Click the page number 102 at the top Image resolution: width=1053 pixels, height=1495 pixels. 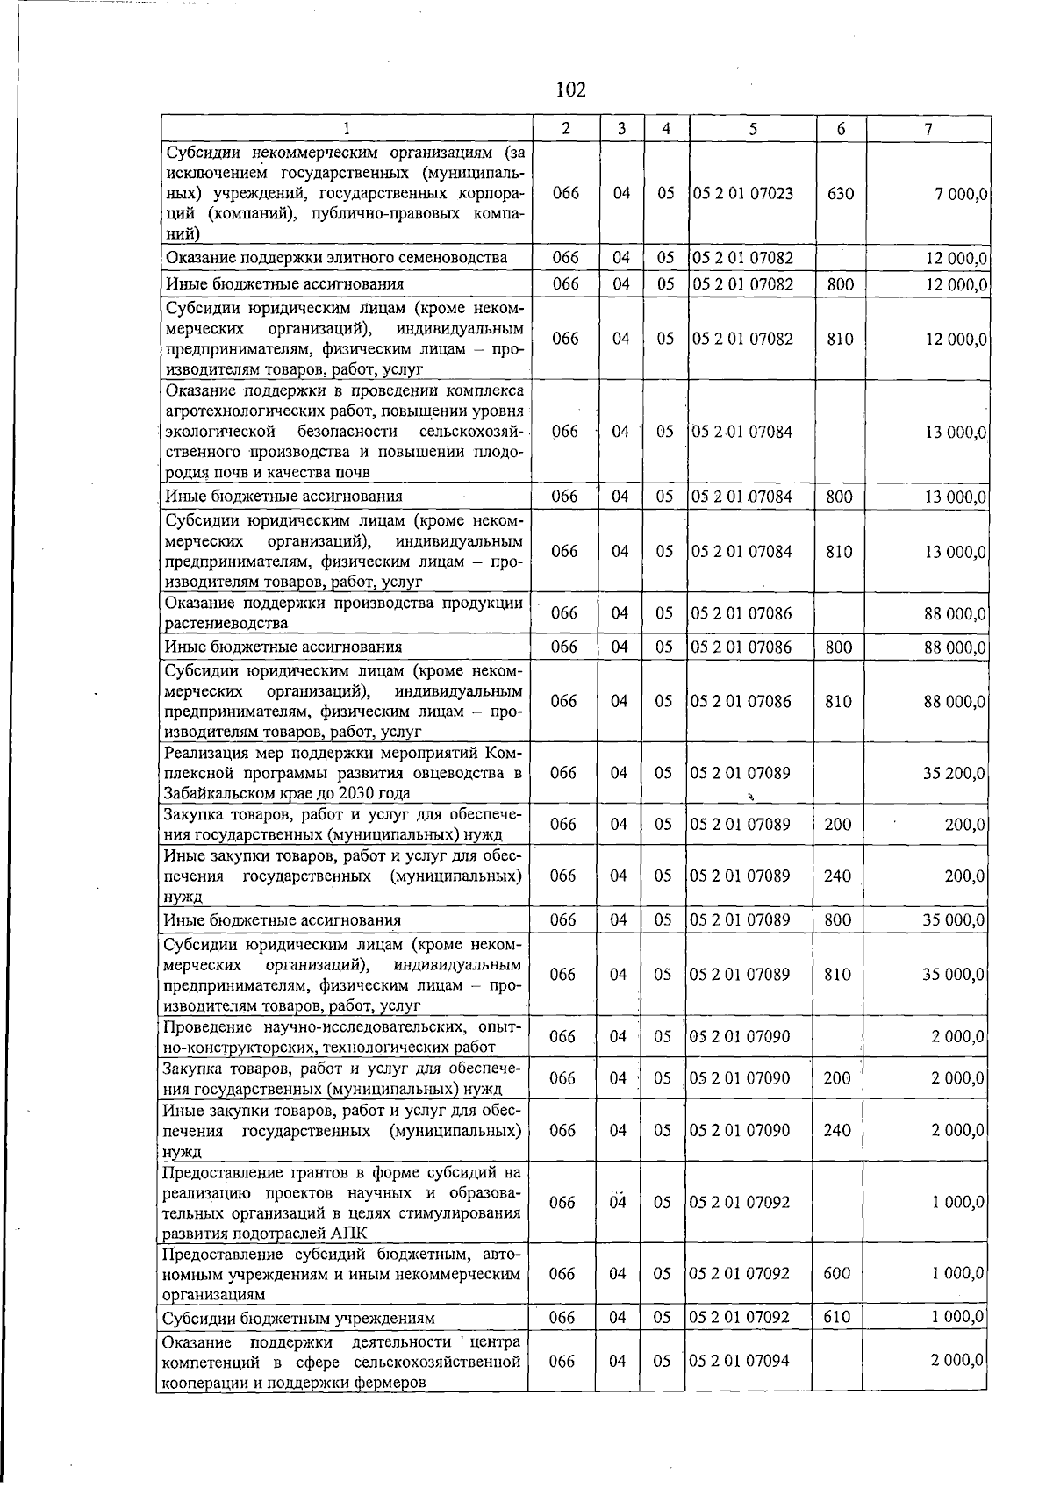pos(570,89)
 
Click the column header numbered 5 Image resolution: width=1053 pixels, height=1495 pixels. pos(753,129)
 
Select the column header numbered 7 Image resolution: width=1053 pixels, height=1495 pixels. pos(928,129)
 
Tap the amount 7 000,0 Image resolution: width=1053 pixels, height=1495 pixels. pos(959,194)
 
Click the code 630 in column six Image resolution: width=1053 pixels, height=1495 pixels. pos(840,193)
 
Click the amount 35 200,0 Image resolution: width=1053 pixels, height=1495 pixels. pos(953,774)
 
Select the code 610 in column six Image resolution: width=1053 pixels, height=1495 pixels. pos(837,1318)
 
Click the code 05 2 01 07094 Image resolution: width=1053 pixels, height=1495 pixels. pos(740,1361)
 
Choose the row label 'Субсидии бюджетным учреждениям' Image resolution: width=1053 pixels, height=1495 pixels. pos(298,1319)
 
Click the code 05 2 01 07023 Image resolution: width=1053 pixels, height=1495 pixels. pos(742,193)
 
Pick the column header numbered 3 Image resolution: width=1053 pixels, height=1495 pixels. pos(621,129)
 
